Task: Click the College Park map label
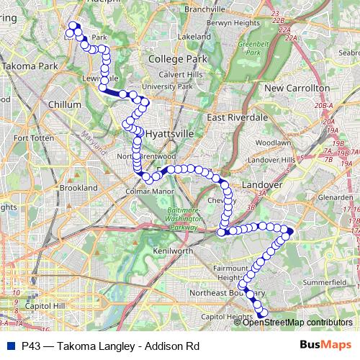177,58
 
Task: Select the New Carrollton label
297,88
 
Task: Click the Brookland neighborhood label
78,187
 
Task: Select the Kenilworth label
174,251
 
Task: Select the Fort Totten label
29,138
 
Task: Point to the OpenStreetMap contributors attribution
297,323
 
